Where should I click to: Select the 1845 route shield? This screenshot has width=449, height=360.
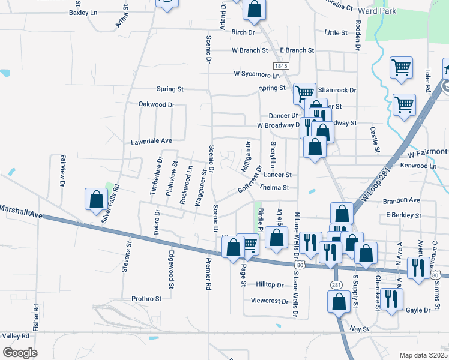(x=280, y=65)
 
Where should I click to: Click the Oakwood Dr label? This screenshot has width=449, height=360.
(x=156, y=104)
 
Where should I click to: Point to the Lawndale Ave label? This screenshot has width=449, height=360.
(x=152, y=142)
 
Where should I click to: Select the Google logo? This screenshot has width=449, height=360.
(x=20, y=352)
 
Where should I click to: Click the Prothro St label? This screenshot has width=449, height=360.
(x=146, y=298)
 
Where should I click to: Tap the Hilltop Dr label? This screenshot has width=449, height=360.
(x=270, y=284)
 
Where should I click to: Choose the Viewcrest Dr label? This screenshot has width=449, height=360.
(x=270, y=301)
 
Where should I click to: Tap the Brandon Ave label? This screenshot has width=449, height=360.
(x=402, y=199)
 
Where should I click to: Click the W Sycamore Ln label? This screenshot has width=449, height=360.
(x=257, y=75)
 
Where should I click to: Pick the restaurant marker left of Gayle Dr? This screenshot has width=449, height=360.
(x=391, y=299)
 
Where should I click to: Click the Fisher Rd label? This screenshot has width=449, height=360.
(x=36, y=316)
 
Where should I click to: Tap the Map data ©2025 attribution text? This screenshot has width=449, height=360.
(x=423, y=355)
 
